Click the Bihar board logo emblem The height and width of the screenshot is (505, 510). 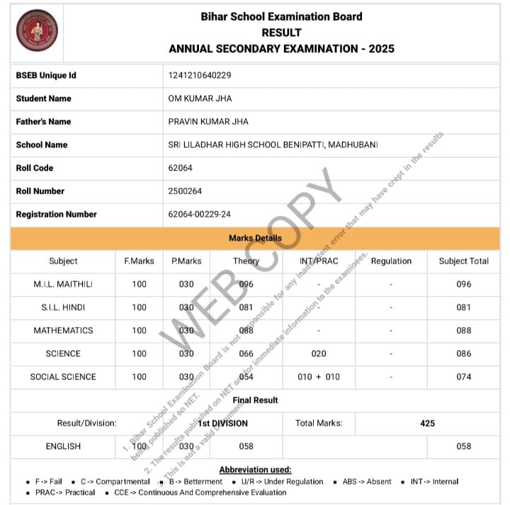[x=37, y=30]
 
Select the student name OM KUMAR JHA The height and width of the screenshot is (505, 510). [x=200, y=98]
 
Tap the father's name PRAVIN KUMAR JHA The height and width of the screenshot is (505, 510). [x=208, y=122]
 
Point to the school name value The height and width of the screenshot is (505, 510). [x=273, y=144]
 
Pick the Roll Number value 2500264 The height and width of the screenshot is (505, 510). [x=185, y=191]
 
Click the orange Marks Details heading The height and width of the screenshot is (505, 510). [x=255, y=238]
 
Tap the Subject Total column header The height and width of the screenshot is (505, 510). [x=463, y=261]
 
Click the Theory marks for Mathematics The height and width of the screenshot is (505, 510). [x=246, y=330]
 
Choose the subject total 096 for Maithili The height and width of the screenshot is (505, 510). [x=463, y=284]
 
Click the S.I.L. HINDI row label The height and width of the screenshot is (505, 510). [x=63, y=307]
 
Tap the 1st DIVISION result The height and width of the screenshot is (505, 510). [x=223, y=424]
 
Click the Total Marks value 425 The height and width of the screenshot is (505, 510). [x=427, y=424]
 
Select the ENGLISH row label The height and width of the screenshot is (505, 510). [x=63, y=446]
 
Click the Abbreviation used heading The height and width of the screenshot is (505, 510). [x=255, y=470]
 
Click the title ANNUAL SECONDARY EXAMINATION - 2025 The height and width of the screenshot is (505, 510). [x=281, y=49]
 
